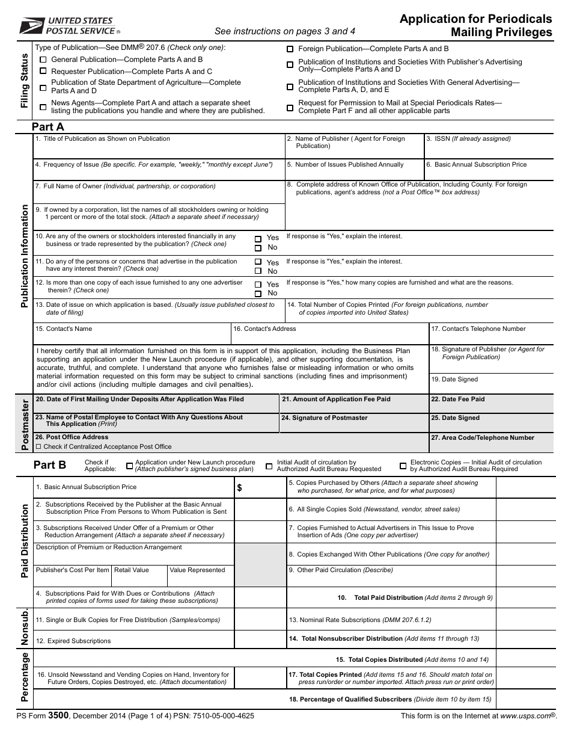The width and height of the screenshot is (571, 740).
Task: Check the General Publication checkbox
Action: pyautogui.click(x=43, y=60)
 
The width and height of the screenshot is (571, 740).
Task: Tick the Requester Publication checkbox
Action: pyautogui.click(x=43, y=72)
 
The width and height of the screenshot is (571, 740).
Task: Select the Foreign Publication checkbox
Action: pyautogui.click(x=290, y=49)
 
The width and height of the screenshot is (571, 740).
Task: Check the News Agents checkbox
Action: pyautogui.click(x=43, y=107)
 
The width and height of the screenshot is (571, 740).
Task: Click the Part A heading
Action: pyautogui.click(x=48, y=127)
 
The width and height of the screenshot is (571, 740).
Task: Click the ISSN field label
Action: pyautogui.click(x=468, y=139)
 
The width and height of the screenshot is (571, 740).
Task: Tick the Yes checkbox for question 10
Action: pyautogui.click(x=258, y=238)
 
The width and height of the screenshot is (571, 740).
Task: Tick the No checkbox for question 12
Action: pyautogui.click(x=258, y=294)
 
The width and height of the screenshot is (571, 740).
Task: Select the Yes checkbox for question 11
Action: pyautogui.click(x=258, y=262)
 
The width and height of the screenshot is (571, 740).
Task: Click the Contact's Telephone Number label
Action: pyautogui.click(x=478, y=329)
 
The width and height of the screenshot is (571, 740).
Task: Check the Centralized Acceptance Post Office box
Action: pyautogui.click(x=39, y=447)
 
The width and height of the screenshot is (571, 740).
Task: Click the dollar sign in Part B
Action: pyautogui.click(x=240, y=489)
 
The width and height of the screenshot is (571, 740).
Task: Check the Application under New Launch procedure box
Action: pyautogui.click(x=129, y=466)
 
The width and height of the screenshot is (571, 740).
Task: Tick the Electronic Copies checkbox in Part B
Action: pyautogui.click(x=403, y=466)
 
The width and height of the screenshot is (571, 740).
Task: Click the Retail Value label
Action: pyautogui.click(x=132, y=570)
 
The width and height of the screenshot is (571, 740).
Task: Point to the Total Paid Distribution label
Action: pyautogui.click(x=388, y=598)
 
